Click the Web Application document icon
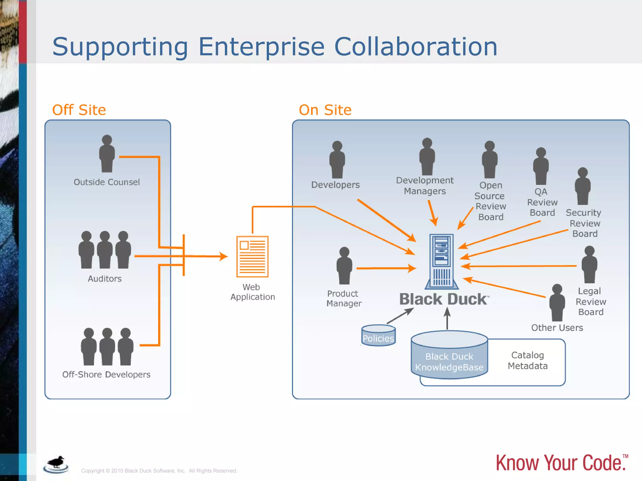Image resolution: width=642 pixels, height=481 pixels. [252, 256]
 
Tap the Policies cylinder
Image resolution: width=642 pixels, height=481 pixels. [378, 336]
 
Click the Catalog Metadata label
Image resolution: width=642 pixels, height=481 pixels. [528, 360]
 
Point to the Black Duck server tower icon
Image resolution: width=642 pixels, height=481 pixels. [442, 261]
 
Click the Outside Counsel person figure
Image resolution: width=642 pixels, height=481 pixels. [107, 154]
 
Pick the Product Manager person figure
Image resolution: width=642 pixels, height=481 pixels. [344, 266]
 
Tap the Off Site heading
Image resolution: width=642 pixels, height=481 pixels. [79, 110]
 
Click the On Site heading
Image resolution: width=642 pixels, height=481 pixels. [325, 110]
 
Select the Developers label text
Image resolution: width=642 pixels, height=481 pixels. [335, 185]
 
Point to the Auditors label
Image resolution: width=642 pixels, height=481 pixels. [104, 279]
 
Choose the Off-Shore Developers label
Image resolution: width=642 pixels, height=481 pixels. [106, 375]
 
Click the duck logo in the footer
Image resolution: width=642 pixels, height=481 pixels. [56, 464]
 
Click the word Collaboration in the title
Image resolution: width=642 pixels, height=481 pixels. [416, 47]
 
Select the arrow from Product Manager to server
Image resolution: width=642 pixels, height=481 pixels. [386, 268]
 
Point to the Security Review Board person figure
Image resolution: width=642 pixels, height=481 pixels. [582, 186]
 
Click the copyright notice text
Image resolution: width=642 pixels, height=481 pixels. [159, 471]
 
